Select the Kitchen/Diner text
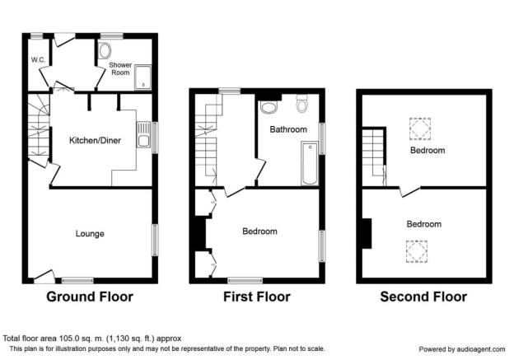pos(95,141)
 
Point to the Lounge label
pos(89,234)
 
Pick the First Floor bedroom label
pos(259,231)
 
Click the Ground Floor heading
pos(89,297)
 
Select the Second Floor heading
pos(423,297)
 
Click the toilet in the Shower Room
pos(105,52)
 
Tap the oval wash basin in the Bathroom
pos(269,107)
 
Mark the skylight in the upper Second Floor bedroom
pos(420,129)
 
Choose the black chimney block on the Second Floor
pos(366,232)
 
